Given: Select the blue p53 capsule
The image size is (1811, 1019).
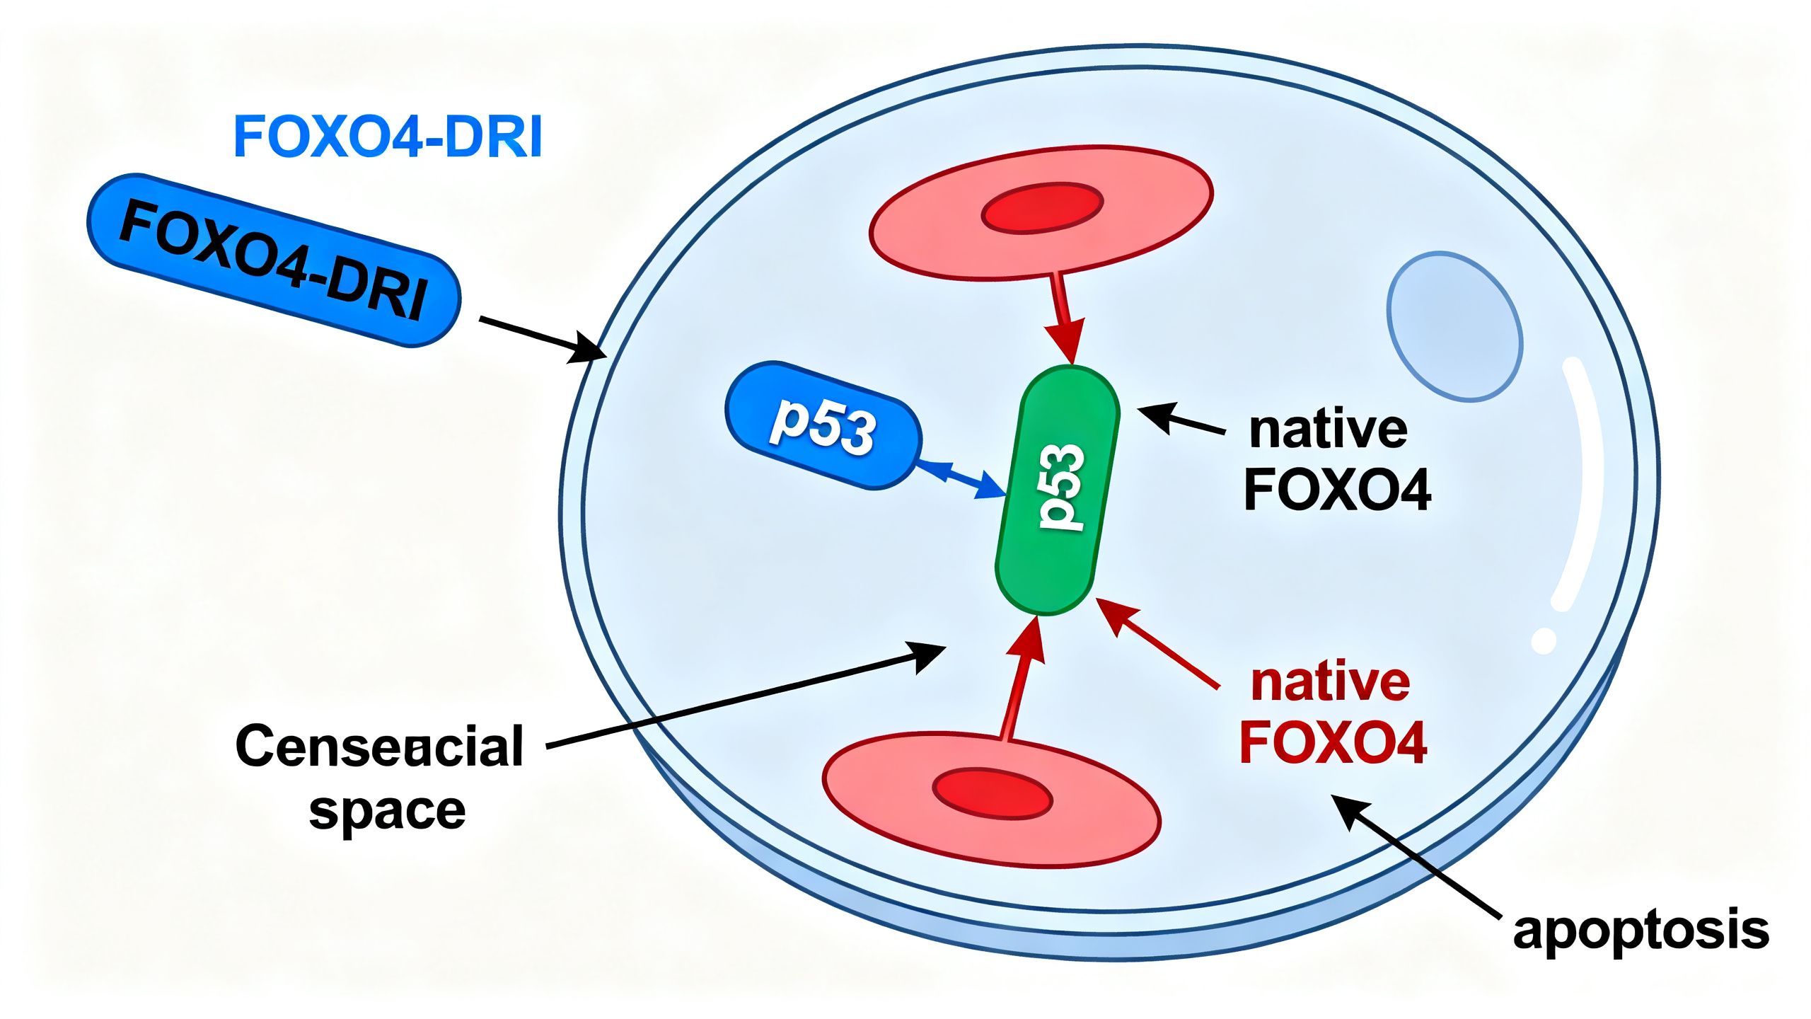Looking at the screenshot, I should click(823, 425).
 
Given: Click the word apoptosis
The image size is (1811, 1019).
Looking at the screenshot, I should click(1640, 930).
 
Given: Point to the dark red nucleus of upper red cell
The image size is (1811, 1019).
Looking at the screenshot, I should click(1042, 207).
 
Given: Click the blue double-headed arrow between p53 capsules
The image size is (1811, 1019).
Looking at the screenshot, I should click(961, 480).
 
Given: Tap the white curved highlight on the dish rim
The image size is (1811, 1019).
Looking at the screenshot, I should click(1581, 488).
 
